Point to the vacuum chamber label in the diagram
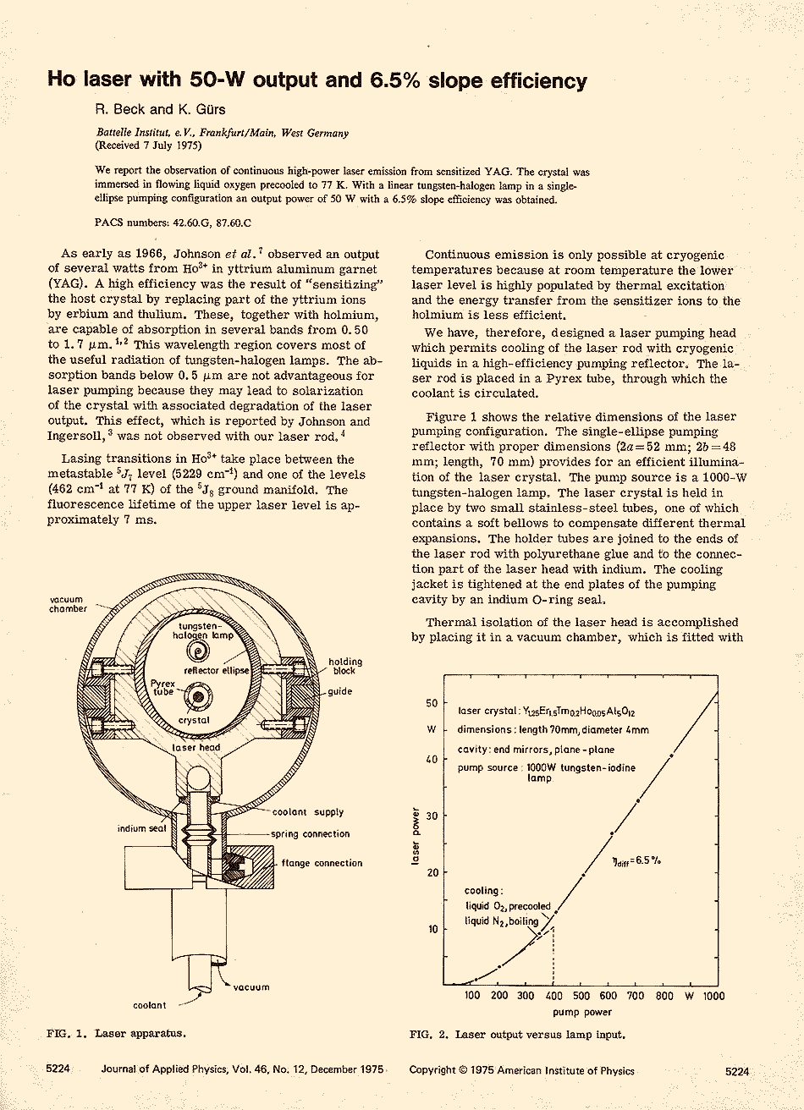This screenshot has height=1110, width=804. pyautogui.click(x=68, y=604)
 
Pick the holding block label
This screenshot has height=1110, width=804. pyautogui.click(x=345, y=667)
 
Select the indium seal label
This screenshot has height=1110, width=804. pyautogui.click(x=141, y=828)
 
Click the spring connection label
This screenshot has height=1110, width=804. pyautogui.click(x=311, y=834)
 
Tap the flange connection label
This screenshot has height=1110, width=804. pyautogui.click(x=322, y=864)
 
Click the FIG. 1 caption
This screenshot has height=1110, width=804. pyautogui.click(x=116, y=1033)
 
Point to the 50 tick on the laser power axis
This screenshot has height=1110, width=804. pyautogui.click(x=432, y=703)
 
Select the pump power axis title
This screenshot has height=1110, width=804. pyautogui.click(x=582, y=1012)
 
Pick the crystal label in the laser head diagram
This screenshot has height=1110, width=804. pyautogui.click(x=195, y=720)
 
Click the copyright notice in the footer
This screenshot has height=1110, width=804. pyautogui.click(x=521, y=1071)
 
